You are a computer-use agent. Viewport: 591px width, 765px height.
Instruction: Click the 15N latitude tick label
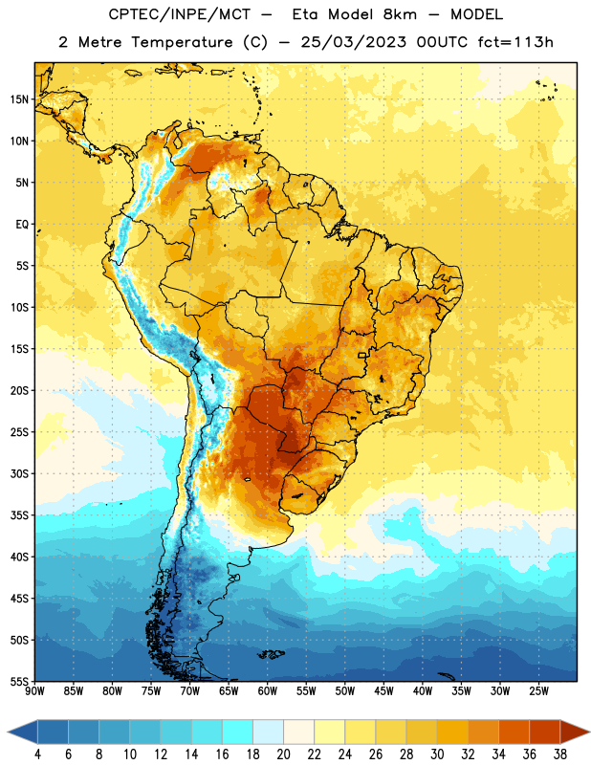[19, 99]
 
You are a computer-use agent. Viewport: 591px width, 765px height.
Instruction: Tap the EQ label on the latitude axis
[22, 225]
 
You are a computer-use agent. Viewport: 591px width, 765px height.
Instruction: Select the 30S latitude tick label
[19, 473]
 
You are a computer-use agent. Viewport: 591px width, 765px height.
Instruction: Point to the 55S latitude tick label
[19, 681]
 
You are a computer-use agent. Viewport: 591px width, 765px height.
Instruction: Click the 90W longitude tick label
[34, 691]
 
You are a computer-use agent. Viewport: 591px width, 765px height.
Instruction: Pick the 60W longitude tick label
[268, 691]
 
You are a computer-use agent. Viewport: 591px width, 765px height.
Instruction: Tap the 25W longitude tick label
[538, 691]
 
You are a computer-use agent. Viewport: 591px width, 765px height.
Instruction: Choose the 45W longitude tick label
[383, 691]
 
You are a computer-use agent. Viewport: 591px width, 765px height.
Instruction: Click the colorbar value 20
[283, 754]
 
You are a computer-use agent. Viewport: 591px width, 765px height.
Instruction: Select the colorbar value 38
[560, 754]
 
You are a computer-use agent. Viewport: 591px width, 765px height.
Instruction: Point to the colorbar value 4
[37, 754]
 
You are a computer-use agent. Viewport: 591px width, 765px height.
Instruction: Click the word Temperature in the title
[182, 42]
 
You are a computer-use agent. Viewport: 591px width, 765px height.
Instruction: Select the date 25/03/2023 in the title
[353, 42]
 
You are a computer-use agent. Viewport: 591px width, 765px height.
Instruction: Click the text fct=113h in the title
[515, 42]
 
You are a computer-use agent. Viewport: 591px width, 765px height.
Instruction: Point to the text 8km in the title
[400, 14]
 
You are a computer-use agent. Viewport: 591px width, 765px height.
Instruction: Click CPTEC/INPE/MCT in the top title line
[180, 14]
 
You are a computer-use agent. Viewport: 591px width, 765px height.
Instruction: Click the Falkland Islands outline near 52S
[272, 654]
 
